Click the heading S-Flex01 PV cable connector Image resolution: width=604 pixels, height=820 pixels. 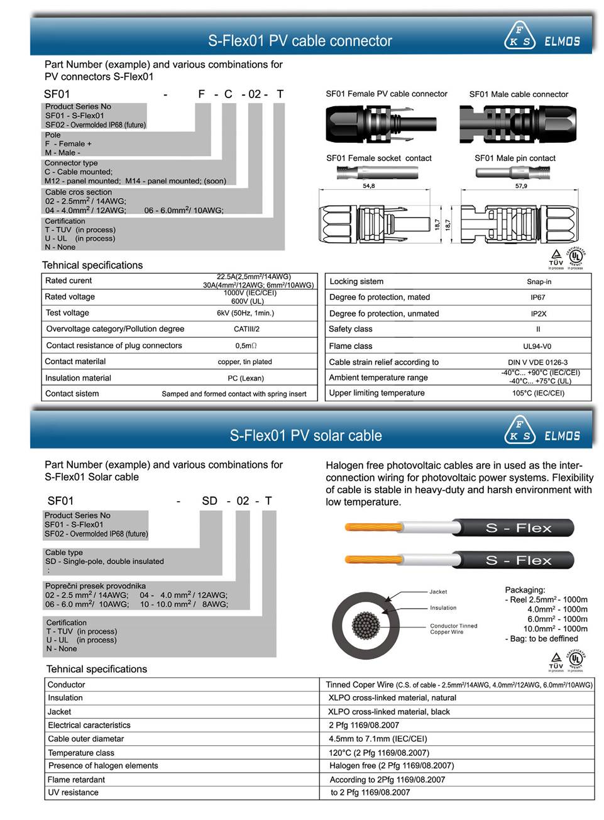[x=300, y=42]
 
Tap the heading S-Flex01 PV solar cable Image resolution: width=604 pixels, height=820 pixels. [x=305, y=435]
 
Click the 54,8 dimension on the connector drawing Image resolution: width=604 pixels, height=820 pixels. [x=368, y=186]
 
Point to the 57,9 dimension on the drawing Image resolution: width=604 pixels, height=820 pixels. [x=521, y=186]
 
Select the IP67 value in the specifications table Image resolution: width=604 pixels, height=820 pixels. [x=538, y=297]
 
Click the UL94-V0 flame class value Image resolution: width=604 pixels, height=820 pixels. [x=538, y=346]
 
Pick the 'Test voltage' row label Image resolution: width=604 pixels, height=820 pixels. [x=67, y=313]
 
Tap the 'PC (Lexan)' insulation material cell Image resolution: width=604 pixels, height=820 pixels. [x=246, y=379]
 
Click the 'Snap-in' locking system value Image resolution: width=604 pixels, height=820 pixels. [x=539, y=282]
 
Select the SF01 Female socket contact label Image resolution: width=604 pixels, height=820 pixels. [x=378, y=158]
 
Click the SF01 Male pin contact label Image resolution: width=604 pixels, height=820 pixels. [x=515, y=158]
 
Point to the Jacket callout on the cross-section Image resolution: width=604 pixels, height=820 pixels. [x=438, y=592]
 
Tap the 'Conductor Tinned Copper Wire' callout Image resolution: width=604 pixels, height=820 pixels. [x=453, y=629]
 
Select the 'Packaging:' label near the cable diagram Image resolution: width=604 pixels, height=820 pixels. [x=525, y=590]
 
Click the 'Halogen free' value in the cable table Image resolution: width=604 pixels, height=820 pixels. [x=391, y=766]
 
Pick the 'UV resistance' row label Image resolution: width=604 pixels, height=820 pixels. [x=73, y=792]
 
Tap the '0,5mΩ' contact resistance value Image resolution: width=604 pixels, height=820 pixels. [x=246, y=346]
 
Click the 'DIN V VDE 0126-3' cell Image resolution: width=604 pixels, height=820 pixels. [x=537, y=362]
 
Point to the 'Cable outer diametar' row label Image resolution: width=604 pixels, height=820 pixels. [x=85, y=739]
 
